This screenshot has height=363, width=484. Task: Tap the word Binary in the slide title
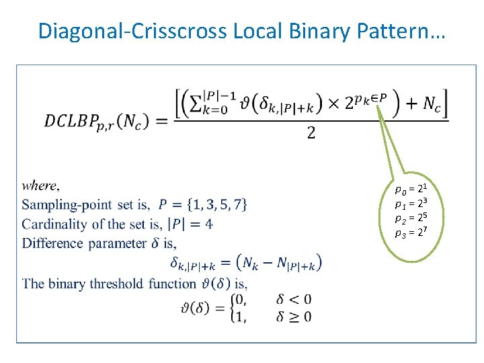[x=332, y=31]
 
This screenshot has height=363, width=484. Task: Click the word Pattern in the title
[x=405, y=31]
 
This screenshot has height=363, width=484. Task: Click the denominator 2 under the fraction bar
[x=311, y=133]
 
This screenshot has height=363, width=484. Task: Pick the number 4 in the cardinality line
[x=208, y=224]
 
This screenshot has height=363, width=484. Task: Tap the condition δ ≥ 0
[x=294, y=316]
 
